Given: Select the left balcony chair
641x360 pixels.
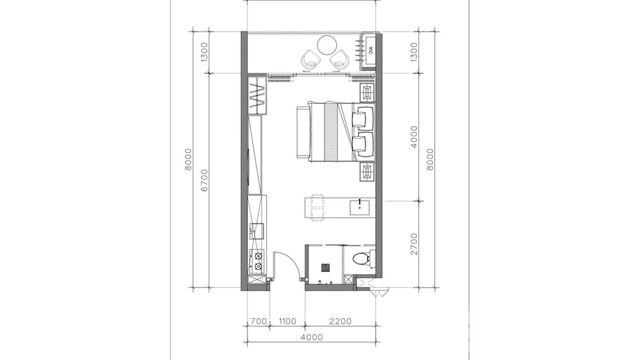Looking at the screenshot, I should (310, 60).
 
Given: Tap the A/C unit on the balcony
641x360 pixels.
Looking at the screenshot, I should (370, 50).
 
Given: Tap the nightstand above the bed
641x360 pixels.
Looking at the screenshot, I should (367, 92).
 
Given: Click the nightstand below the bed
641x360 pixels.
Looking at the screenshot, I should (367, 171).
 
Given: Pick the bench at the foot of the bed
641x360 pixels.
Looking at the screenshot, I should (303, 132).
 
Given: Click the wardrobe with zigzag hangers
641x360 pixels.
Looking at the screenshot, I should (257, 95).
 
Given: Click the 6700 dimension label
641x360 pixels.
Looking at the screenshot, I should (204, 180).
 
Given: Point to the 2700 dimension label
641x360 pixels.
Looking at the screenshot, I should (414, 244).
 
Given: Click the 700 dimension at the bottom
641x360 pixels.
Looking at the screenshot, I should (258, 321).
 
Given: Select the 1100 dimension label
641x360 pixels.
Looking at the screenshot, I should (287, 321).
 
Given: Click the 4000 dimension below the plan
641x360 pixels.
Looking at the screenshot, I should (311, 337).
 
